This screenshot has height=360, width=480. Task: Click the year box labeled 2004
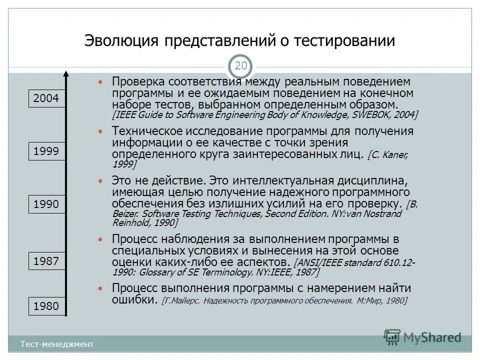[x=46, y=98]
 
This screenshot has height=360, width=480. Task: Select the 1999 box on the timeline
[x=46, y=151]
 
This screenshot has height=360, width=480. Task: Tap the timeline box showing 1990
[x=46, y=204]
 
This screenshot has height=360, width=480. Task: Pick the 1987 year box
[x=46, y=261]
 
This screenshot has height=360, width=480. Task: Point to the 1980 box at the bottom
[x=46, y=306]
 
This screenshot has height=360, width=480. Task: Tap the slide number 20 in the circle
[x=240, y=66]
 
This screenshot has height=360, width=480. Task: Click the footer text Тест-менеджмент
[x=57, y=344]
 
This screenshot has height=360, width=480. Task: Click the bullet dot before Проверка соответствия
[x=101, y=81]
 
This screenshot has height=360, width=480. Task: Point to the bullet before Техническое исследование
[x=101, y=131]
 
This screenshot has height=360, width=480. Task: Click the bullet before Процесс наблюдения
[x=101, y=239]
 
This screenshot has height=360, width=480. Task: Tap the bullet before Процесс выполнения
[x=101, y=288]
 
